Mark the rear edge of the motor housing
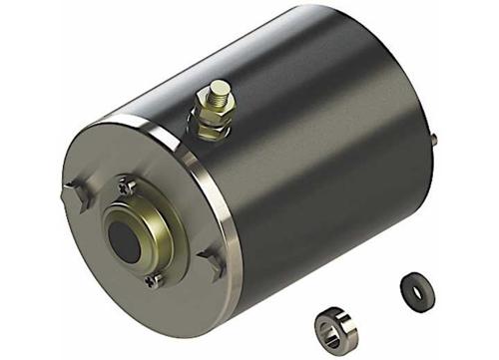(424, 90)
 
